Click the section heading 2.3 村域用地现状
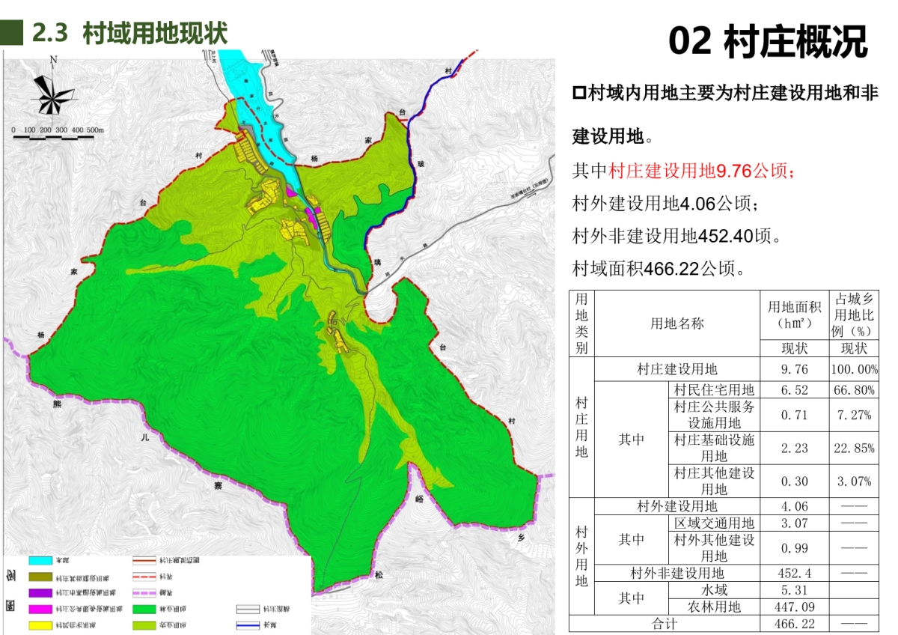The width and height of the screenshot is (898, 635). (x=129, y=33)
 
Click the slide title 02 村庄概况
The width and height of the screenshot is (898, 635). (x=768, y=41)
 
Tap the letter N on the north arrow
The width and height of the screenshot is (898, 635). (x=53, y=61)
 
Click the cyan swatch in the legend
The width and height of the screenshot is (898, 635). (x=45, y=560)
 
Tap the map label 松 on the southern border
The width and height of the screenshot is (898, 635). (x=379, y=575)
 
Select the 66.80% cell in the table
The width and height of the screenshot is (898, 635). (x=853, y=390)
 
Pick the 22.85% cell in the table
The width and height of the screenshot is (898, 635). (x=853, y=448)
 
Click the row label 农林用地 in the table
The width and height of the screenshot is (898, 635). (x=714, y=607)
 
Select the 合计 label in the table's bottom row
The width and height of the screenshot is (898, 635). (x=664, y=623)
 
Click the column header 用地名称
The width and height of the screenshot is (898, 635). (x=676, y=323)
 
